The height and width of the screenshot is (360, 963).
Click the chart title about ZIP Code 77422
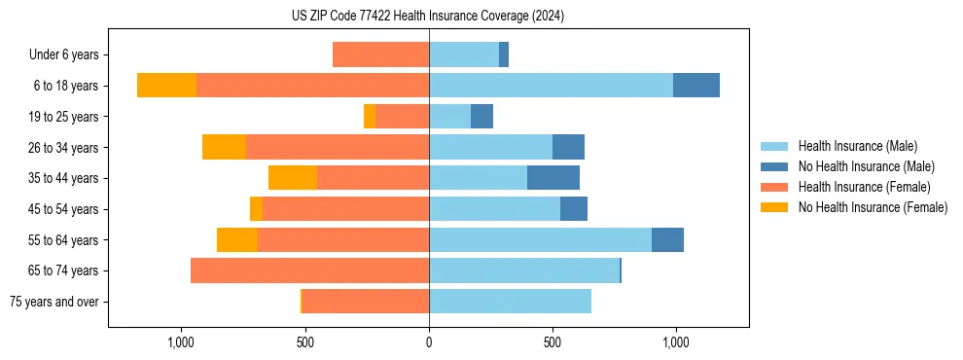pyautogui.click(x=428, y=17)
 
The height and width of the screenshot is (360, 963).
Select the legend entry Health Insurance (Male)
pyautogui.click(x=857, y=146)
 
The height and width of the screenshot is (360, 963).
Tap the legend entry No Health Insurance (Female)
pyautogui.click(x=873, y=207)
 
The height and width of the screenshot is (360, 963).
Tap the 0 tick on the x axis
pyautogui.click(x=429, y=342)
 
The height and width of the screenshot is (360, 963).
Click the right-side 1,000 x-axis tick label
pyautogui.click(x=676, y=342)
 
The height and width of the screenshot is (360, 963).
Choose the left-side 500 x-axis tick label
pyautogui.click(x=305, y=342)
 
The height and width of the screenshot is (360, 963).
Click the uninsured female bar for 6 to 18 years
pyautogui.click(x=166, y=86)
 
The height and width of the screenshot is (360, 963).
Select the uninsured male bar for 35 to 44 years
pyautogui.click(x=553, y=178)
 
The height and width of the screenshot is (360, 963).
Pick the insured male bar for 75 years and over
pyautogui.click(x=510, y=302)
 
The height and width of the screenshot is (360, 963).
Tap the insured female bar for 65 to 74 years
pyautogui.click(x=309, y=270)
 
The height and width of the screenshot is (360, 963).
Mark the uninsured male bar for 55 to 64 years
pyautogui.click(x=667, y=239)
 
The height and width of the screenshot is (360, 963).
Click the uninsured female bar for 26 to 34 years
pyautogui.click(x=224, y=147)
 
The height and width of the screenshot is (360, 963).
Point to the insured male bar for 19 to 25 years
pyautogui.click(x=449, y=117)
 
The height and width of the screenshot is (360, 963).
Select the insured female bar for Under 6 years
pyautogui.click(x=380, y=55)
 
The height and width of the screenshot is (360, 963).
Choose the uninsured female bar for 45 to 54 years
pyautogui.click(x=256, y=209)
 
